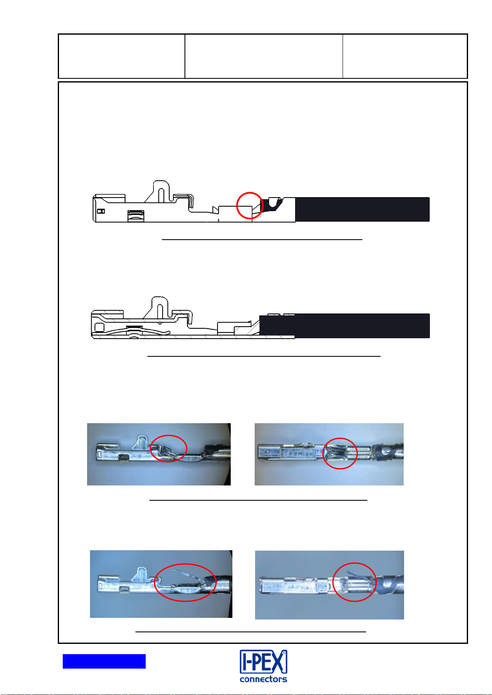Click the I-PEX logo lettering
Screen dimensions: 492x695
(263, 662)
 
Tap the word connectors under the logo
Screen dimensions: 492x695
(263, 679)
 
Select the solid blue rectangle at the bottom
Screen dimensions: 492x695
(104, 661)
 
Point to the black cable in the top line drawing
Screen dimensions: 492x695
(362, 210)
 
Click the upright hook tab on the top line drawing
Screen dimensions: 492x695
(161, 191)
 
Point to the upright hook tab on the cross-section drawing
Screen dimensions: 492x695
(160, 307)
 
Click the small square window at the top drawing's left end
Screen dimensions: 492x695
(101, 211)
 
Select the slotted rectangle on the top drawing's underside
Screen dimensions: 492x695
(136, 216)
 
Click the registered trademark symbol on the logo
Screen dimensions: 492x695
(284, 653)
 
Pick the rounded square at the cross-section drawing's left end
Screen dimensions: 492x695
(99, 327)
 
